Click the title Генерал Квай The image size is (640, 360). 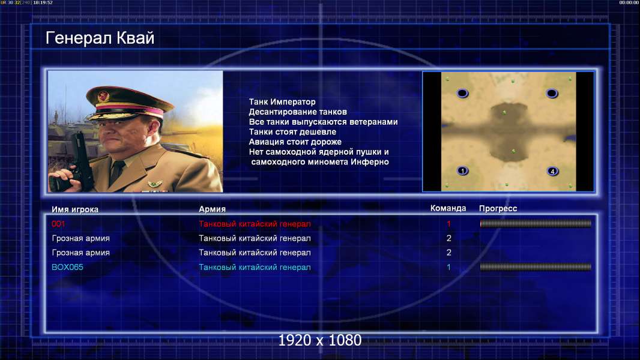[100, 38]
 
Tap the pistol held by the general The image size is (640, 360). [77, 163]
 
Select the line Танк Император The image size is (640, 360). [282, 102]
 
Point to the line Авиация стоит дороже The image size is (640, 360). [295, 142]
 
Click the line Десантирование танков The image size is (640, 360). [298, 112]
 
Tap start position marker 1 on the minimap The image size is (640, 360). [462, 171]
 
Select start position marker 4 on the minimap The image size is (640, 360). [553, 171]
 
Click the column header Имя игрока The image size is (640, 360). [75, 209]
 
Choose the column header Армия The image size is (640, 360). [213, 209]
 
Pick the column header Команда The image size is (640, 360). [448, 208]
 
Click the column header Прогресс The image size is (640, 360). [498, 208]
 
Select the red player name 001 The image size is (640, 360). [58, 224]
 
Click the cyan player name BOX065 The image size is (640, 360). [67, 267]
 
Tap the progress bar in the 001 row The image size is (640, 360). [536, 223]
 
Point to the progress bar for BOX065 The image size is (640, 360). [536, 267]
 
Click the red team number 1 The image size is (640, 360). [448, 224]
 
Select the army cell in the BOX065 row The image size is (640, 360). [255, 268]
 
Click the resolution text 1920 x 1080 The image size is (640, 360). [320, 340]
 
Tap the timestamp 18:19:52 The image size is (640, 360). [43, 2]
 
